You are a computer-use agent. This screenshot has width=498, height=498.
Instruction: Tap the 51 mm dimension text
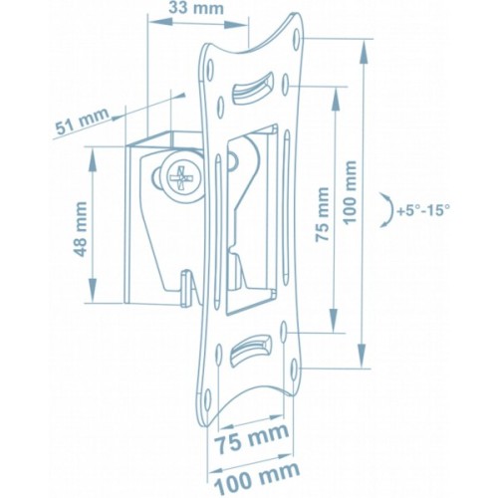click(x=82, y=124)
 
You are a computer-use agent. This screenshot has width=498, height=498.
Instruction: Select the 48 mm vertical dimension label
click(x=79, y=227)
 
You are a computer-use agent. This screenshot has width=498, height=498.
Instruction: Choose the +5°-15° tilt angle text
click(x=422, y=211)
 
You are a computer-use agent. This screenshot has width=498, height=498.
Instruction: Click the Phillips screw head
click(x=181, y=182)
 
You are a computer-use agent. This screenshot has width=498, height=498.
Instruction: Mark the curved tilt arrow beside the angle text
click(x=382, y=212)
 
